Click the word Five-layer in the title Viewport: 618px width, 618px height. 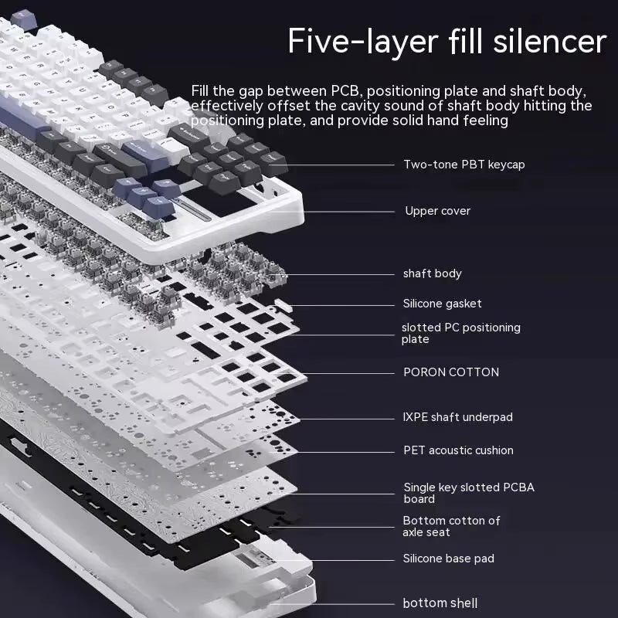(361, 40)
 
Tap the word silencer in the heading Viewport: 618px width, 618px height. (549, 40)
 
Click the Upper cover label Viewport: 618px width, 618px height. (437, 211)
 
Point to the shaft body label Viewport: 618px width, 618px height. (432, 273)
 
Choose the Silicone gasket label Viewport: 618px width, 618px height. (442, 304)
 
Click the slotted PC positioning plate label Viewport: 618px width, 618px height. (460, 333)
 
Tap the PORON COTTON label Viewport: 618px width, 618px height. (451, 372)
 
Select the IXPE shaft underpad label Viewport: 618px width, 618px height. (457, 417)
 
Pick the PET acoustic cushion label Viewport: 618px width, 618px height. (458, 450)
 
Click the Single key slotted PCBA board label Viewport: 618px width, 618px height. (468, 493)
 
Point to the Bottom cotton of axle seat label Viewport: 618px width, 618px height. (451, 526)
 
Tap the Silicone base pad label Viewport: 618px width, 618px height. (448, 559)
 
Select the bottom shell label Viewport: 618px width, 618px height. (440, 603)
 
